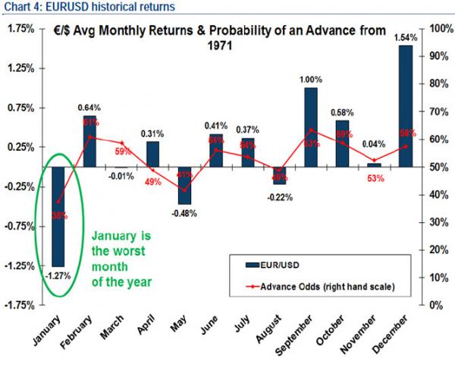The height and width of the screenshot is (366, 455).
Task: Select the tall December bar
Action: point(406,106)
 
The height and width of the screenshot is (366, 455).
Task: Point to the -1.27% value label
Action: point(58,276)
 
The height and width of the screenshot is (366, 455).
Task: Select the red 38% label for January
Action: point(58,214)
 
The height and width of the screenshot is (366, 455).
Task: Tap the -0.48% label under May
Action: point(184,214)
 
